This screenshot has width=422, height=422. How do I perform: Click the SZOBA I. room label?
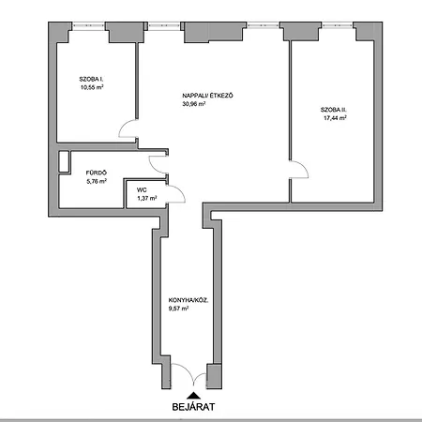91,79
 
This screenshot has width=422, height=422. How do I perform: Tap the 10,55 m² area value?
92,87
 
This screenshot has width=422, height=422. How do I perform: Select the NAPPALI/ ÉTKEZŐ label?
207,96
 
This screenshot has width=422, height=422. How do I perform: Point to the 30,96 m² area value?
194,104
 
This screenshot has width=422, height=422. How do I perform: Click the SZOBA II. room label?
334,110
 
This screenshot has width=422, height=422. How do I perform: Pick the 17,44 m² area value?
335,118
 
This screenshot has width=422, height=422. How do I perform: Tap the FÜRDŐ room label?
97,173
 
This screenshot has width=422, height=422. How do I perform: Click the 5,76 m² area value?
97,181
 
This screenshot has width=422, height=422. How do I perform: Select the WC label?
142,189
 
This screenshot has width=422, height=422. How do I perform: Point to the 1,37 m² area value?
147,198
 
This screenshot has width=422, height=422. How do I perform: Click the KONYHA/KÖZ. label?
188,300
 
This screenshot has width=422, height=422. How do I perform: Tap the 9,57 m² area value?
178,309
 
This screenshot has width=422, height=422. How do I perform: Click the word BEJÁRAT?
193,407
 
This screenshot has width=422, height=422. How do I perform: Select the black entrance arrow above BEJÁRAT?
193,396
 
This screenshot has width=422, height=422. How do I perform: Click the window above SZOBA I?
88,26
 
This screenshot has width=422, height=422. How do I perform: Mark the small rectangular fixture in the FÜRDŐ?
64,161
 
